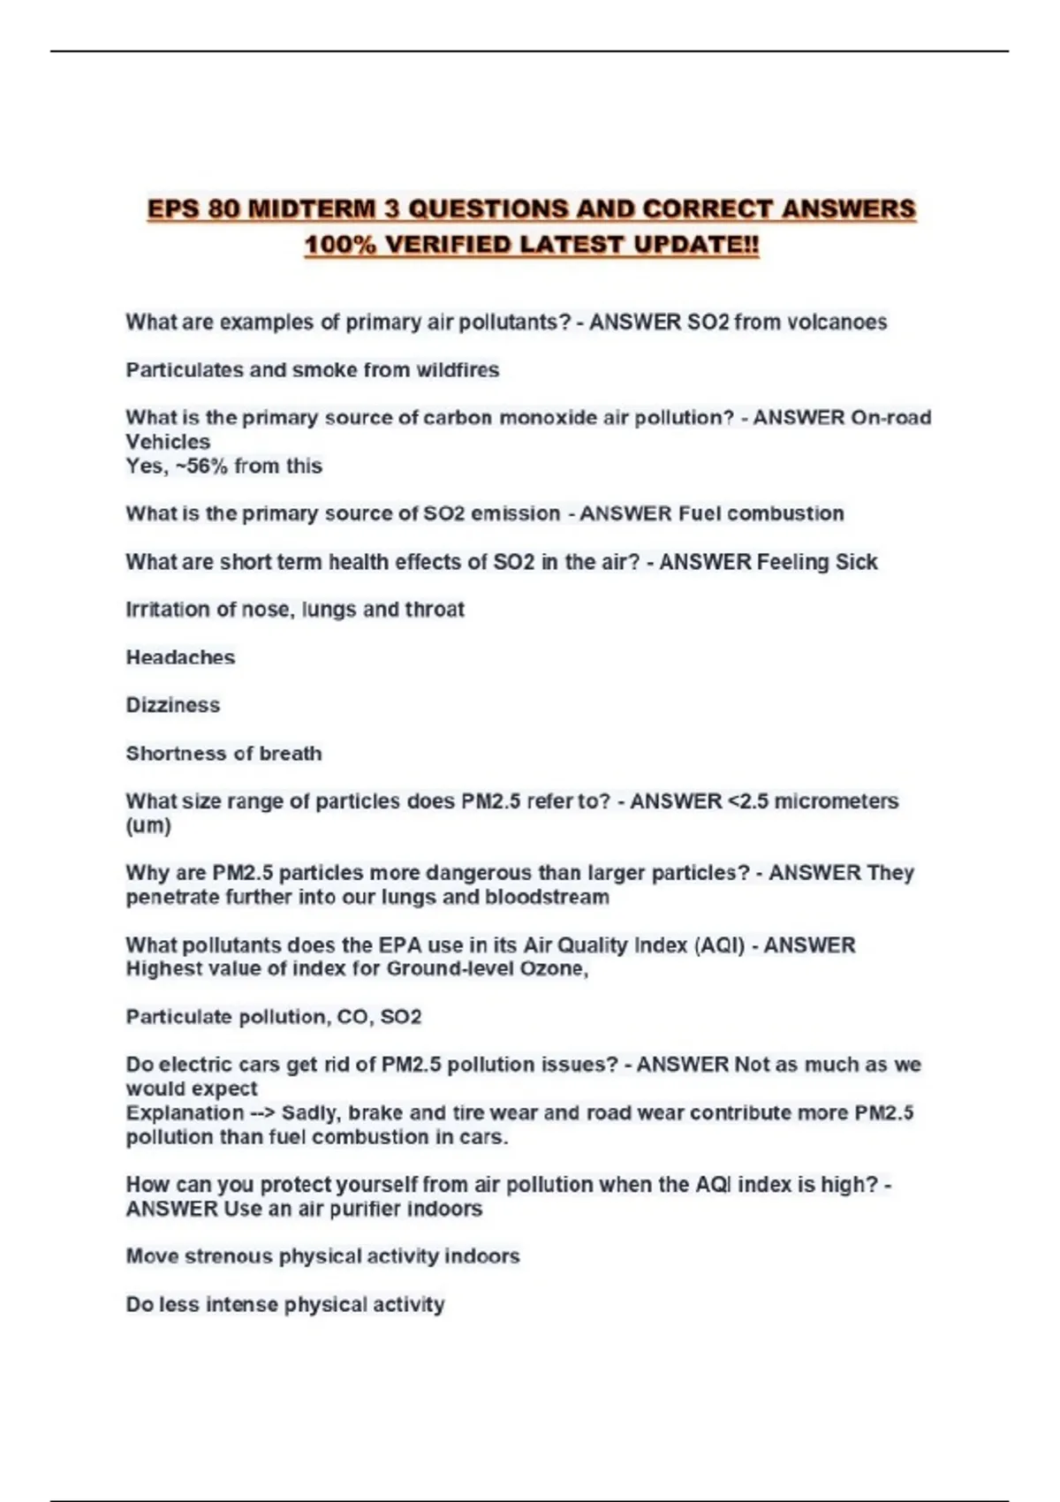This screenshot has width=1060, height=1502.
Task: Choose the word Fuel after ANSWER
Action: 700,514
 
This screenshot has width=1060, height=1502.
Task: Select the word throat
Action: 435,610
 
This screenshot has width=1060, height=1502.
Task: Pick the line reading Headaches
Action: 180,657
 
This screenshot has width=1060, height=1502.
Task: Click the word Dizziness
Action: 173,705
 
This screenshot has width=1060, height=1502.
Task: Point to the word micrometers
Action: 836,801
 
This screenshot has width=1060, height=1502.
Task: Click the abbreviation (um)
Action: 148,826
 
